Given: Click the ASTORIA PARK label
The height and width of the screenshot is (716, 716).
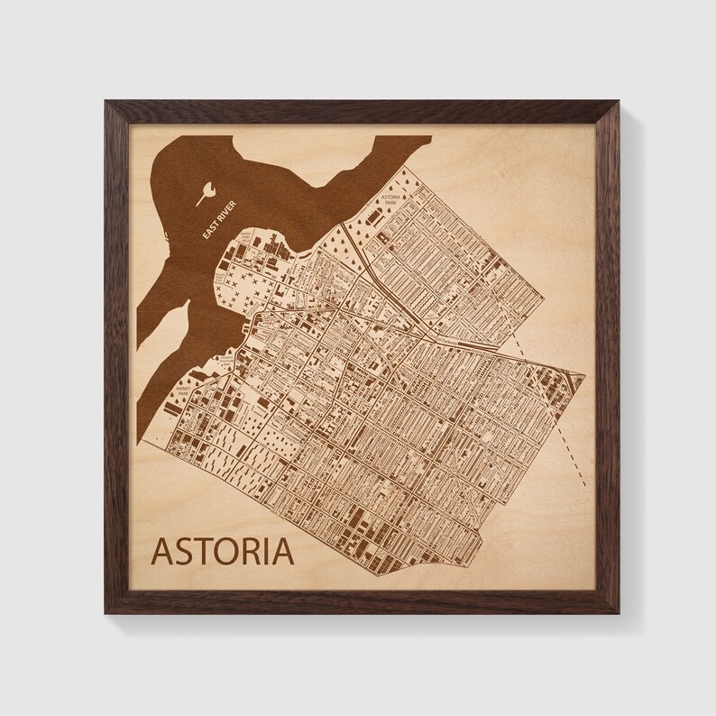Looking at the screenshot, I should [x=390, y=199].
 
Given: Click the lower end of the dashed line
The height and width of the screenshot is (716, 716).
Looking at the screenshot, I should [x=584, y=485].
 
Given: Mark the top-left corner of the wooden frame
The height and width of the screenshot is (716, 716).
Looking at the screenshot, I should [x=106, y=102].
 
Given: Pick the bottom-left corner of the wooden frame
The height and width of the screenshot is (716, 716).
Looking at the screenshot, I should [x=106, y=612].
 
